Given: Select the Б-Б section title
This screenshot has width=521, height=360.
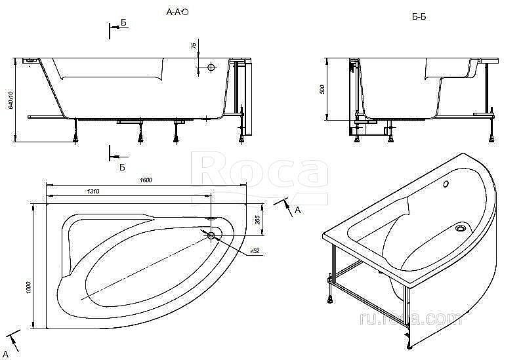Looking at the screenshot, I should [419, 16].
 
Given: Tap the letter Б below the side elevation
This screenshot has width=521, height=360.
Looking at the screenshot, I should [122, 167].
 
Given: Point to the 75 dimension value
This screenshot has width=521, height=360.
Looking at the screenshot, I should [194, 46].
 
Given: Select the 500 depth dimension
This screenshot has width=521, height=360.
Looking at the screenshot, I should [322, 89].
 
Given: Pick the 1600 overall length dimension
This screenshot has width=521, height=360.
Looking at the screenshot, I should [145, 181].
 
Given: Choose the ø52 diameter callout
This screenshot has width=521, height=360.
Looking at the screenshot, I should [255, 251].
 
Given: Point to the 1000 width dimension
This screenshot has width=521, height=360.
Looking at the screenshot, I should [28, 288].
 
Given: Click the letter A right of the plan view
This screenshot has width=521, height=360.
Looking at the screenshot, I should [297, 210].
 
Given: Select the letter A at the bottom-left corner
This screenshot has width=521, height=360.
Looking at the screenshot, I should [6, 355].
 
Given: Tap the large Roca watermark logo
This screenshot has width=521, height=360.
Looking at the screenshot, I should [262, 172].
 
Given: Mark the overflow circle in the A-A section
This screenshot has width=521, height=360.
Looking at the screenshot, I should [211, 68].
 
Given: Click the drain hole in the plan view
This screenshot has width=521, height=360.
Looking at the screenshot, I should [211, 235].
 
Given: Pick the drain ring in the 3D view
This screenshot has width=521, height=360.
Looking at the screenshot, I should [461, 229].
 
